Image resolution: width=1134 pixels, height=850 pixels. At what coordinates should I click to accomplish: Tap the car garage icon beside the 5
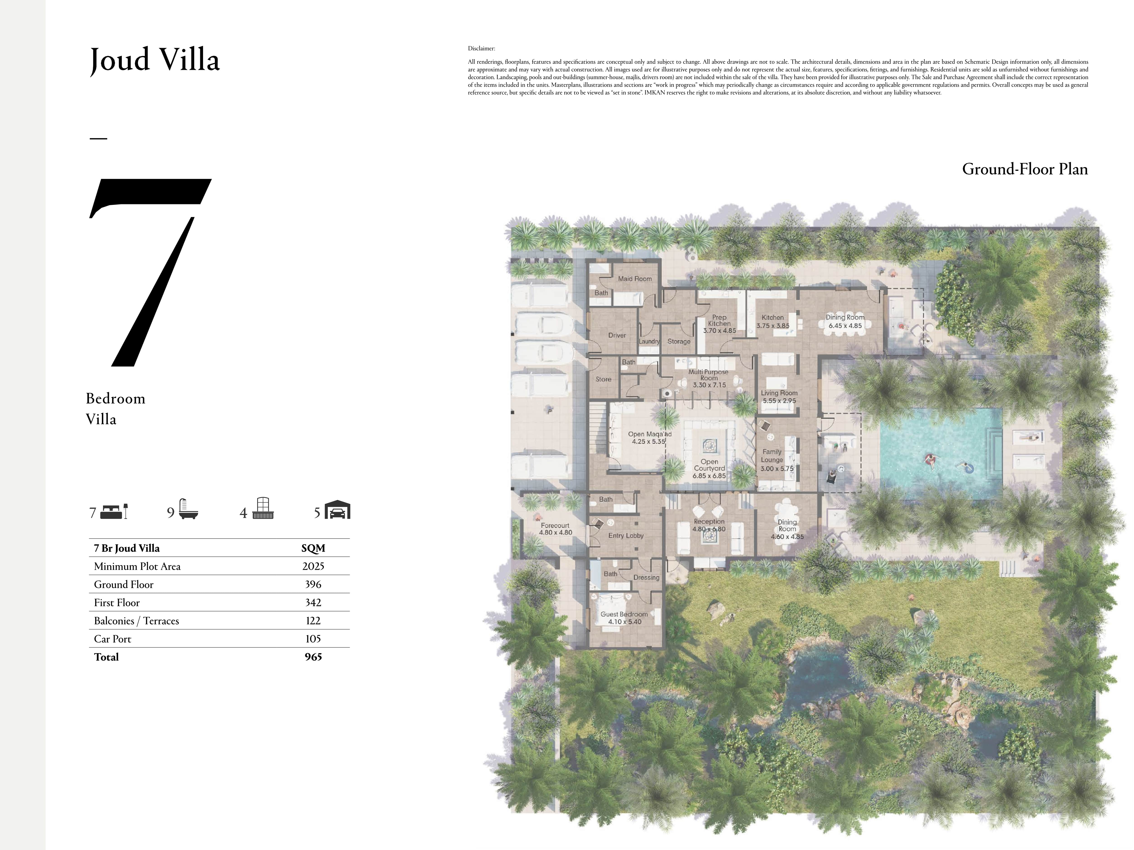coord(337,510)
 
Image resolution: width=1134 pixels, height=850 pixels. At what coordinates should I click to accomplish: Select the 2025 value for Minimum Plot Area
coord(313,566)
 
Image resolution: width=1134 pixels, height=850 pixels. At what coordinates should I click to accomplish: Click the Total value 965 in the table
coord(313,657)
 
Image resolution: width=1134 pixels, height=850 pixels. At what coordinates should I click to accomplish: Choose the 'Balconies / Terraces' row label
coord(136,621)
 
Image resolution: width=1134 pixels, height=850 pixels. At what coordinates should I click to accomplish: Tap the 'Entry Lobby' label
coord(626,535)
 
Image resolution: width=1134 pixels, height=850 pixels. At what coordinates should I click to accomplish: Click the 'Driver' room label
coord(617,335)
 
